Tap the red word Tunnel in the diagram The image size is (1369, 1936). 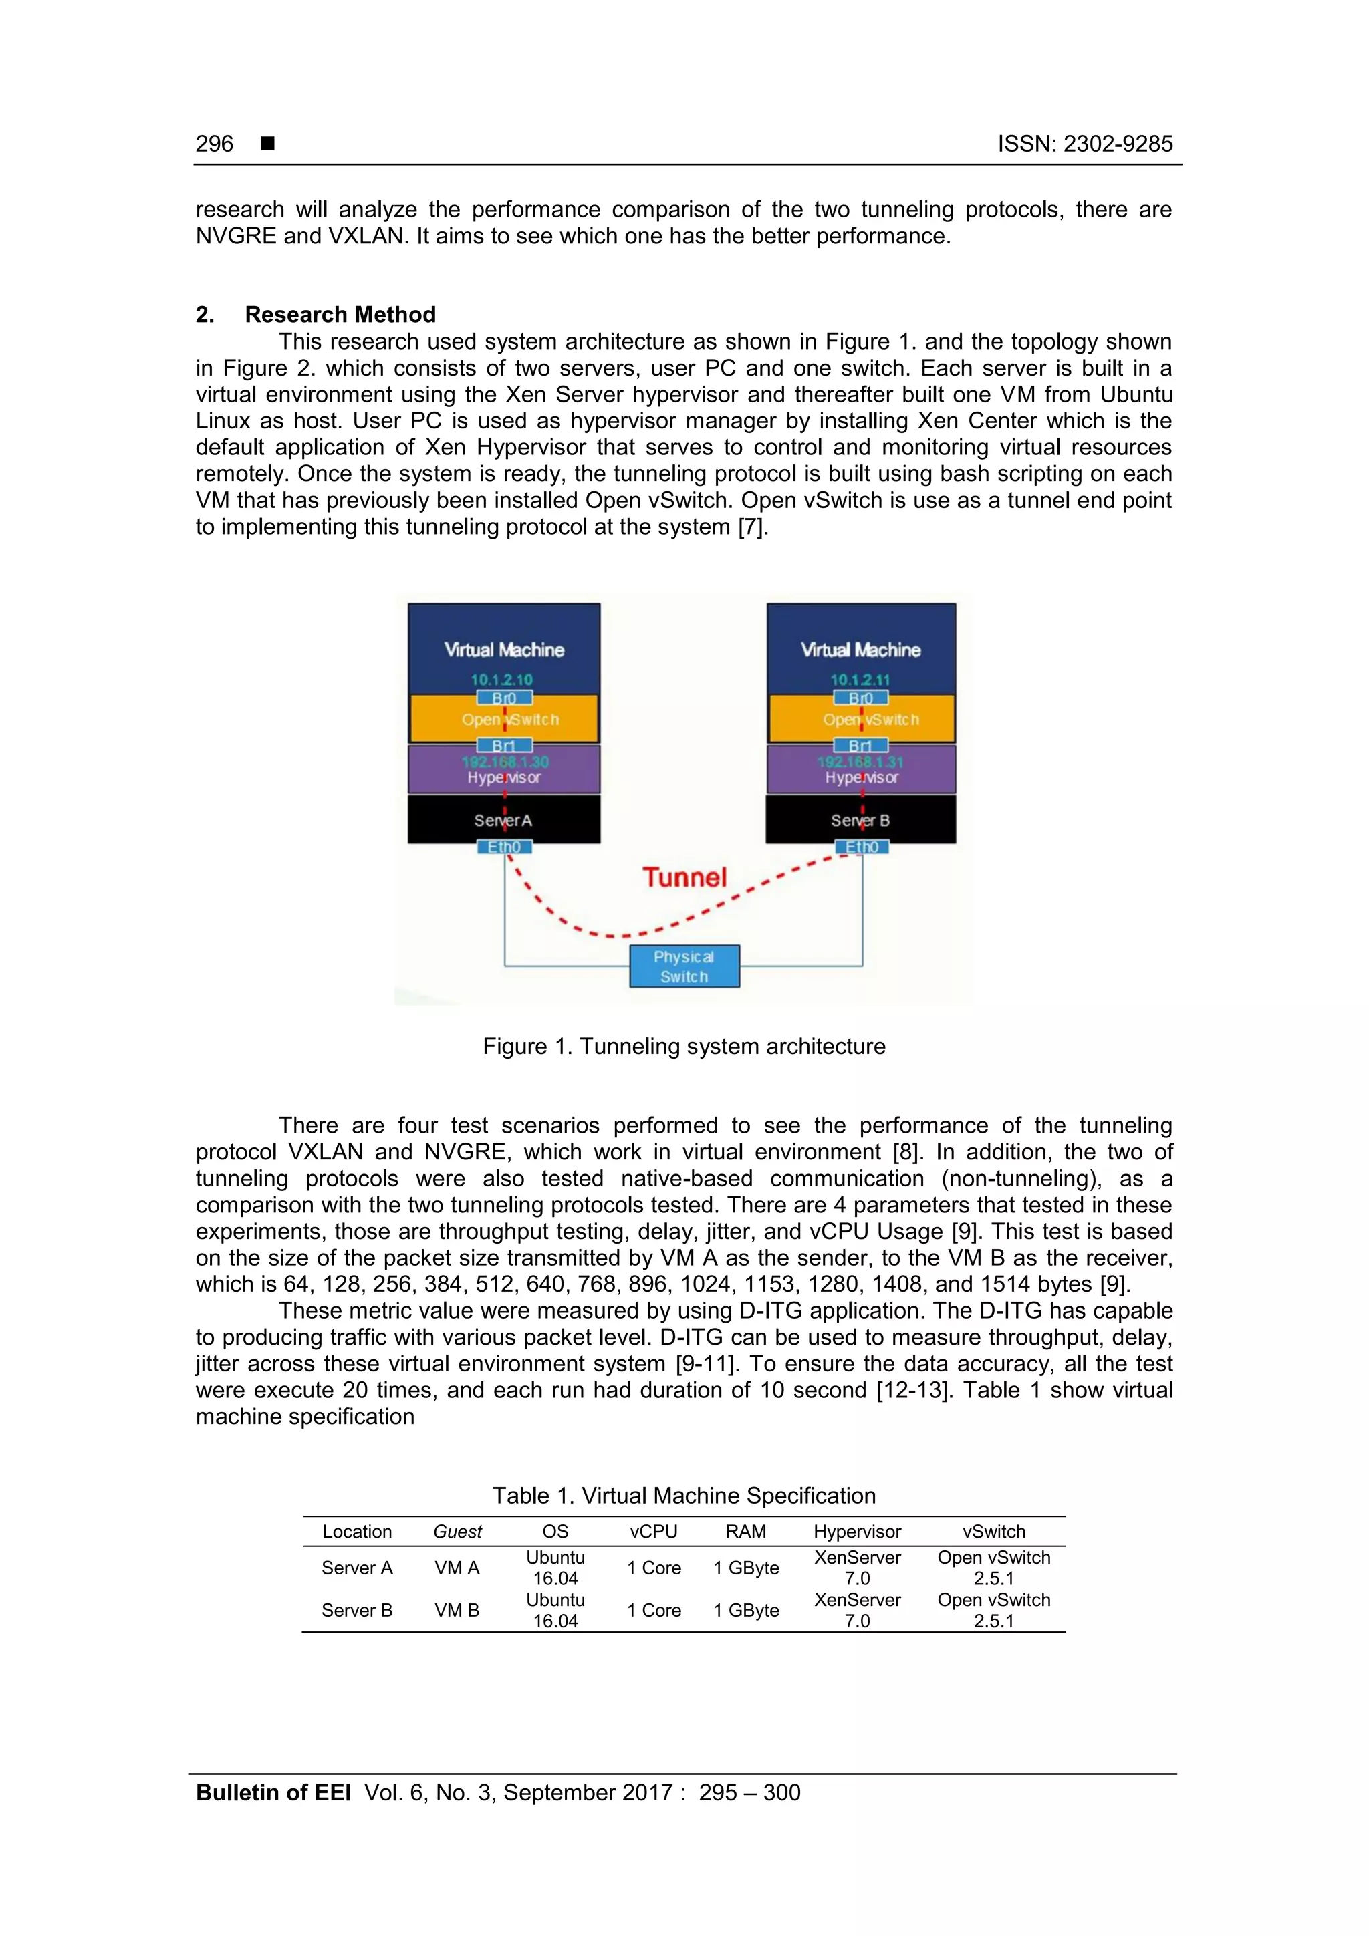pyautogui.click(x=684, y=877)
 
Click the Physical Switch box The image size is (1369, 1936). pyautogui.click(x=684, y=966)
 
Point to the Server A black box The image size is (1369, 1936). pyautogui.click(x=503, y=819)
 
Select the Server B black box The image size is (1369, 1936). pyautogui.click(x=860, y=819)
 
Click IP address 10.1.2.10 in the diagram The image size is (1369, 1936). pyautogui.click(x=501, y=680)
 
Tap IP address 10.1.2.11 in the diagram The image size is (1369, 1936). pyautogui.click(x=860, y=680)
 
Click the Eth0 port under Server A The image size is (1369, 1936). pyautogui.click(x=505, y=847)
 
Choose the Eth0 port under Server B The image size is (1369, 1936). pyautogui.click(x=861, y=847)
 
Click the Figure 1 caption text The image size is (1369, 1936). pyautogui.click(x=684, y=1047)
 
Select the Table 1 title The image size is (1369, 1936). pyautogui.click(x=684, y=1496)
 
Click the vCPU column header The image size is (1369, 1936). pyautogui.click(x=654, y=1532)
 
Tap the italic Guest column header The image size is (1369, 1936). pyautogui.click(x=457, y=1532)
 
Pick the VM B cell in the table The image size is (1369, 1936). pyautogui.click(x=457, y=1611)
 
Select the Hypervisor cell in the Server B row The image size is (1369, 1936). pyautogui.click(x=857, y=1611)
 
